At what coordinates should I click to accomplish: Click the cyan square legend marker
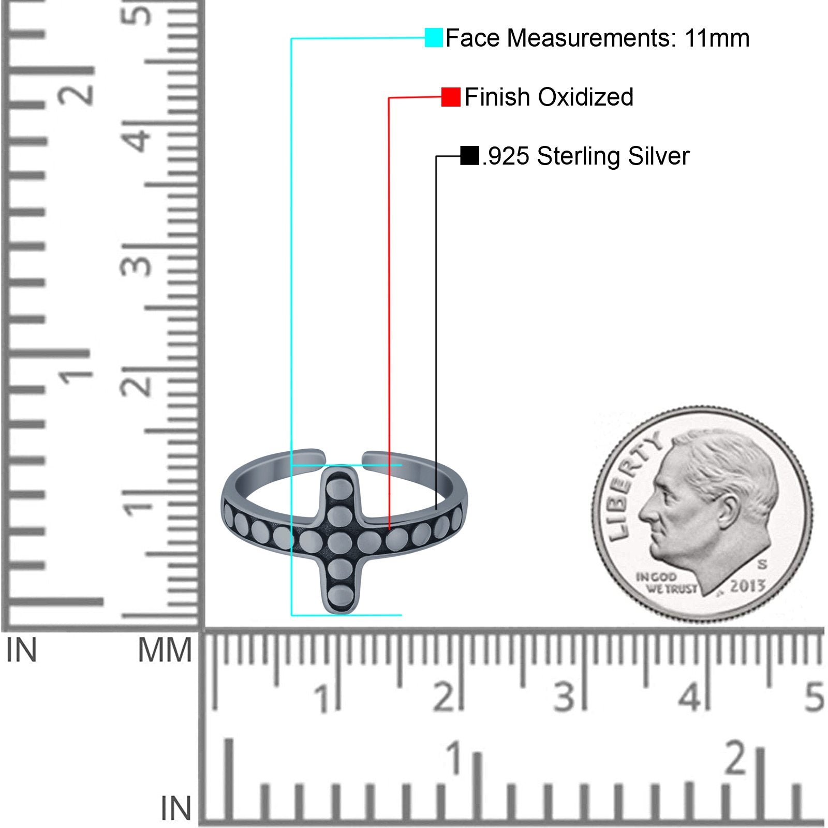pos(434,38)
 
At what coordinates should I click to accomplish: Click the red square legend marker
pos(451,97)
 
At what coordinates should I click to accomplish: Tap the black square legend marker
pos(469,156)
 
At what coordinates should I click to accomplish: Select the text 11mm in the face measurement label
pos(717,38)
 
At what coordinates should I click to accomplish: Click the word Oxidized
pos(586,97)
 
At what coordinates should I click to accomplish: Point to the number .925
pos(506,156)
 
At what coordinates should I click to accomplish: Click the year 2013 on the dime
pos(747,586)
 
